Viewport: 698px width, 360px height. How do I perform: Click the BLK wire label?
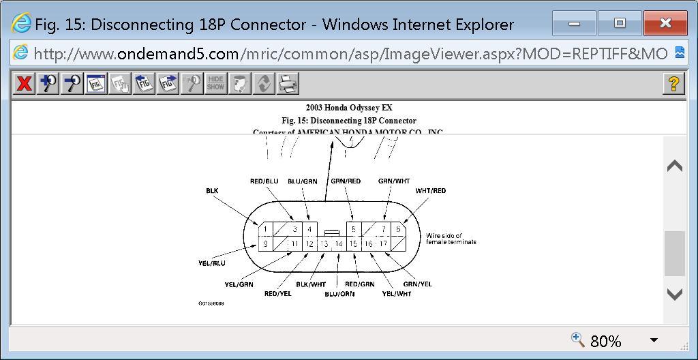[x=212, y=191]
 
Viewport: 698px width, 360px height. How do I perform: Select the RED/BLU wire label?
[x=264, y=181]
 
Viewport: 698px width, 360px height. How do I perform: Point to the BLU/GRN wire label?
[x=302, y=181]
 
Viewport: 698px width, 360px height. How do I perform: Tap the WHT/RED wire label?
[x=431, y=191]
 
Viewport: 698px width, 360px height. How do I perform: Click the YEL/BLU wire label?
[x=211, y=263]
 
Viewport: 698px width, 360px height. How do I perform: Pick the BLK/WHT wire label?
[x=311, y=284]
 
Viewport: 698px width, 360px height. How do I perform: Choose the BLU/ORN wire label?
[x=339, y=294]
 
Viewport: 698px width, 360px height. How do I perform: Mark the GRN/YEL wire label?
[x=417, y=284]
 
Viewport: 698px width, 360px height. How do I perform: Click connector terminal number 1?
[x=266, y=230]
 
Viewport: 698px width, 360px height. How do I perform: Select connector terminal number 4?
[x=309, y=230]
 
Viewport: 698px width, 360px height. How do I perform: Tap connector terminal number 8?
[x=398, y=230]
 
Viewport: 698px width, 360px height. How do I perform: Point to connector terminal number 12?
[x=309, y=243]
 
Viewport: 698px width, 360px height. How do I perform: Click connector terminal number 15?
[x=353, y=243]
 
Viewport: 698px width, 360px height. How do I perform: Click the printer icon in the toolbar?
[x=288, y=84]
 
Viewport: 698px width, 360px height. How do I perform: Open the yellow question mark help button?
[x=673, y=84]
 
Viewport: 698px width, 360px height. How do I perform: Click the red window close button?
[x=665, y=24]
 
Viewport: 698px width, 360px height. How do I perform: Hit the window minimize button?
[x=574, y=24]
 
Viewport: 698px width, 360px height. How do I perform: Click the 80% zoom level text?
[x=605, y=341]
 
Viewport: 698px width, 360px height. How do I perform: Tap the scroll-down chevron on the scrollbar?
[x=674, y=294]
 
